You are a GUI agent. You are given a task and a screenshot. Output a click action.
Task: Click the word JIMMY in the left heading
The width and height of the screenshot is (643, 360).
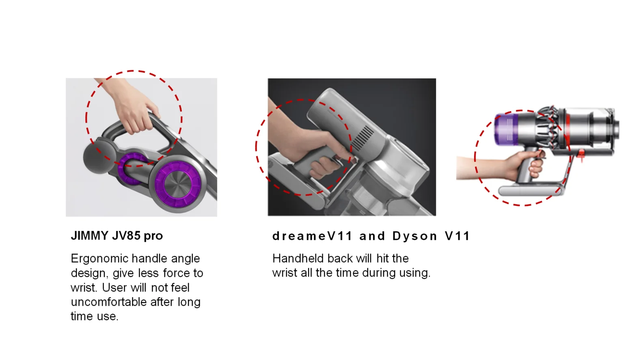(90, 236)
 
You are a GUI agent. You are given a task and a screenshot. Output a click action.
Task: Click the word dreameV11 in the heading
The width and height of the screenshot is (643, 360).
(312, 236)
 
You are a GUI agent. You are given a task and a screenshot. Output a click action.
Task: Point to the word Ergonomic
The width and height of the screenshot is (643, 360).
(99, 259)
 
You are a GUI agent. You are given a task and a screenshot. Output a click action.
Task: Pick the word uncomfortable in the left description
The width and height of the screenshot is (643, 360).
(109, 302)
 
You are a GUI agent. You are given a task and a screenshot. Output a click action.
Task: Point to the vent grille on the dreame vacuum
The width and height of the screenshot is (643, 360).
(363, 138)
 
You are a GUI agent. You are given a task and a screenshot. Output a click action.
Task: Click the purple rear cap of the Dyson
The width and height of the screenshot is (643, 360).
(506, 129)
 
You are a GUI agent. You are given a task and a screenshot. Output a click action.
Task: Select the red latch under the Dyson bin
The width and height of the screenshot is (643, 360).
(581, 155)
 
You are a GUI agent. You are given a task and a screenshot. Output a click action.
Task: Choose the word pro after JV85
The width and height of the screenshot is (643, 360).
(153, 237)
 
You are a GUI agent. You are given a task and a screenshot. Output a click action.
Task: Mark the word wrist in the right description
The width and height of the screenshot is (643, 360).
(285, 273)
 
